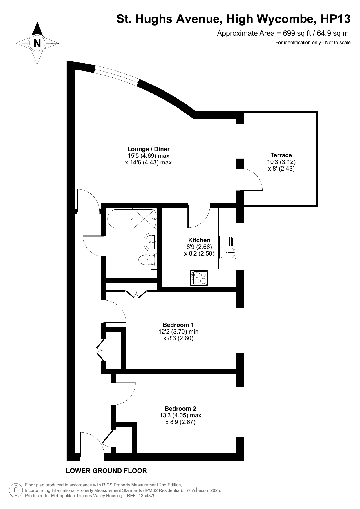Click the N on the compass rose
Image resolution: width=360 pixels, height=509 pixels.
(x=37, y=44)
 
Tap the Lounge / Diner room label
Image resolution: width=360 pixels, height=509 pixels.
(x=148, y=149)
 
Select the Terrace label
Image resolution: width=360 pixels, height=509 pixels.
(x=281, y=155)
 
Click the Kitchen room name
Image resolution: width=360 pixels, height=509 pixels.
(x=199, y=240)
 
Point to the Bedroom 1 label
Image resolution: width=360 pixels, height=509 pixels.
(x=178, y=325)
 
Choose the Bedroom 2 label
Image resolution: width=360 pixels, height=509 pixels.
(x=180, y=409)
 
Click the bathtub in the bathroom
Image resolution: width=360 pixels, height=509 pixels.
(x=132, y=219)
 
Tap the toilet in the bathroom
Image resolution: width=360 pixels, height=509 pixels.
(x=148, y=260)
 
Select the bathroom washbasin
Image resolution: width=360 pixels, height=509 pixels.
(x=151, y=242)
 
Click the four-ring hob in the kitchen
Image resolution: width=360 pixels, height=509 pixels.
(x=199, y=278)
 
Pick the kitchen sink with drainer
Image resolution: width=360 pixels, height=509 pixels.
(x=227, y=247)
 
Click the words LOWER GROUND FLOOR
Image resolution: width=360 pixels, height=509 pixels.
(x=106, y=471)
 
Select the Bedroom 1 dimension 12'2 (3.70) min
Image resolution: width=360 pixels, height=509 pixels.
(x=178, y=332)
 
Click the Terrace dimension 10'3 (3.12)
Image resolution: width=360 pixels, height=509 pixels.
(x=281, y=162)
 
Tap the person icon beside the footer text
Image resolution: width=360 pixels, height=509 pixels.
(x=16, y=490)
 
